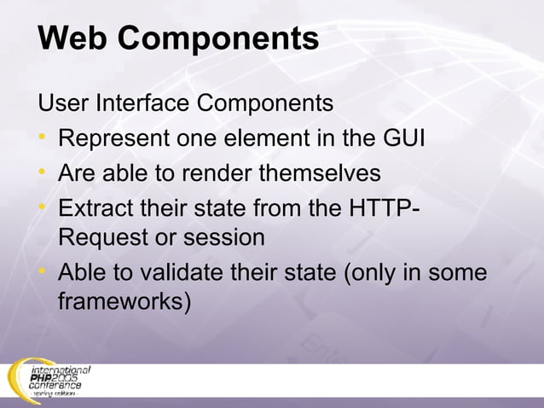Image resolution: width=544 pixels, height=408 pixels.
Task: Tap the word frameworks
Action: (120, 301)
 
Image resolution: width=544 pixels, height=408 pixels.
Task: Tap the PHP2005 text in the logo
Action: (55, 377)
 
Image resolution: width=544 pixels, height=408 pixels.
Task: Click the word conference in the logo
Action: (55, 386)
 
